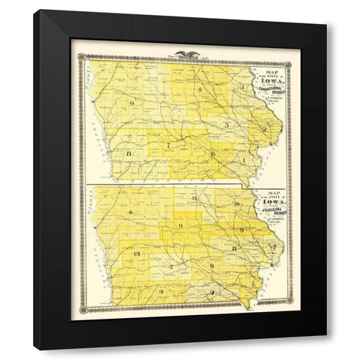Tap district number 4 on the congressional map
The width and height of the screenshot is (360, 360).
[200, 91]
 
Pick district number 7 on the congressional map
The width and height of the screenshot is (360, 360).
[169, 142]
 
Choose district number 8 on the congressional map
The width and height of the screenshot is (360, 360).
[129, 154]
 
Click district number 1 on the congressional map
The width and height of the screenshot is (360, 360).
[244, 160]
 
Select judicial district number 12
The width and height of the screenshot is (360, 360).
[193, 197]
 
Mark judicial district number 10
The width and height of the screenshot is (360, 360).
[235, 204]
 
